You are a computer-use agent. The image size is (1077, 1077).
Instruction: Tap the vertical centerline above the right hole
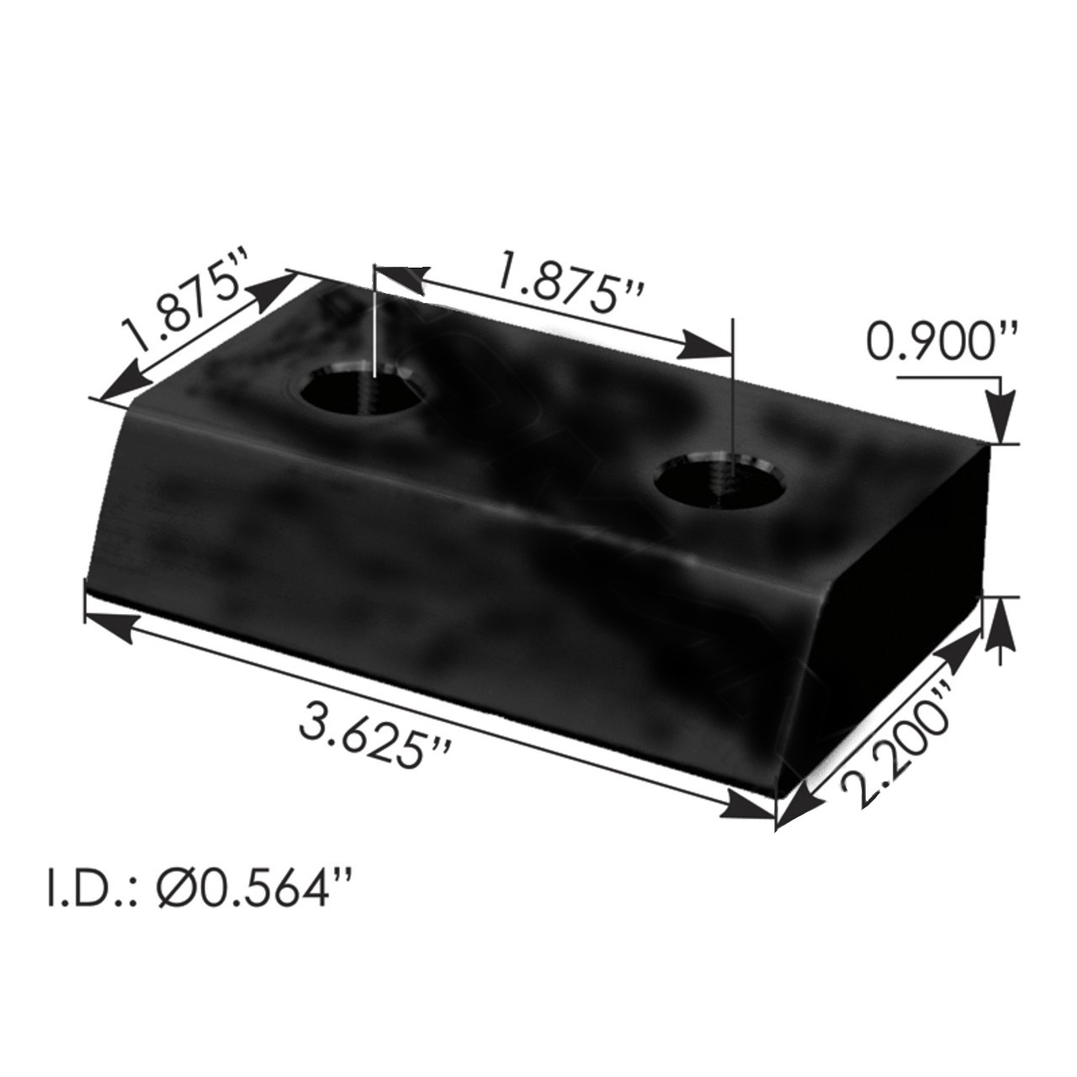click(734, 387)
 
